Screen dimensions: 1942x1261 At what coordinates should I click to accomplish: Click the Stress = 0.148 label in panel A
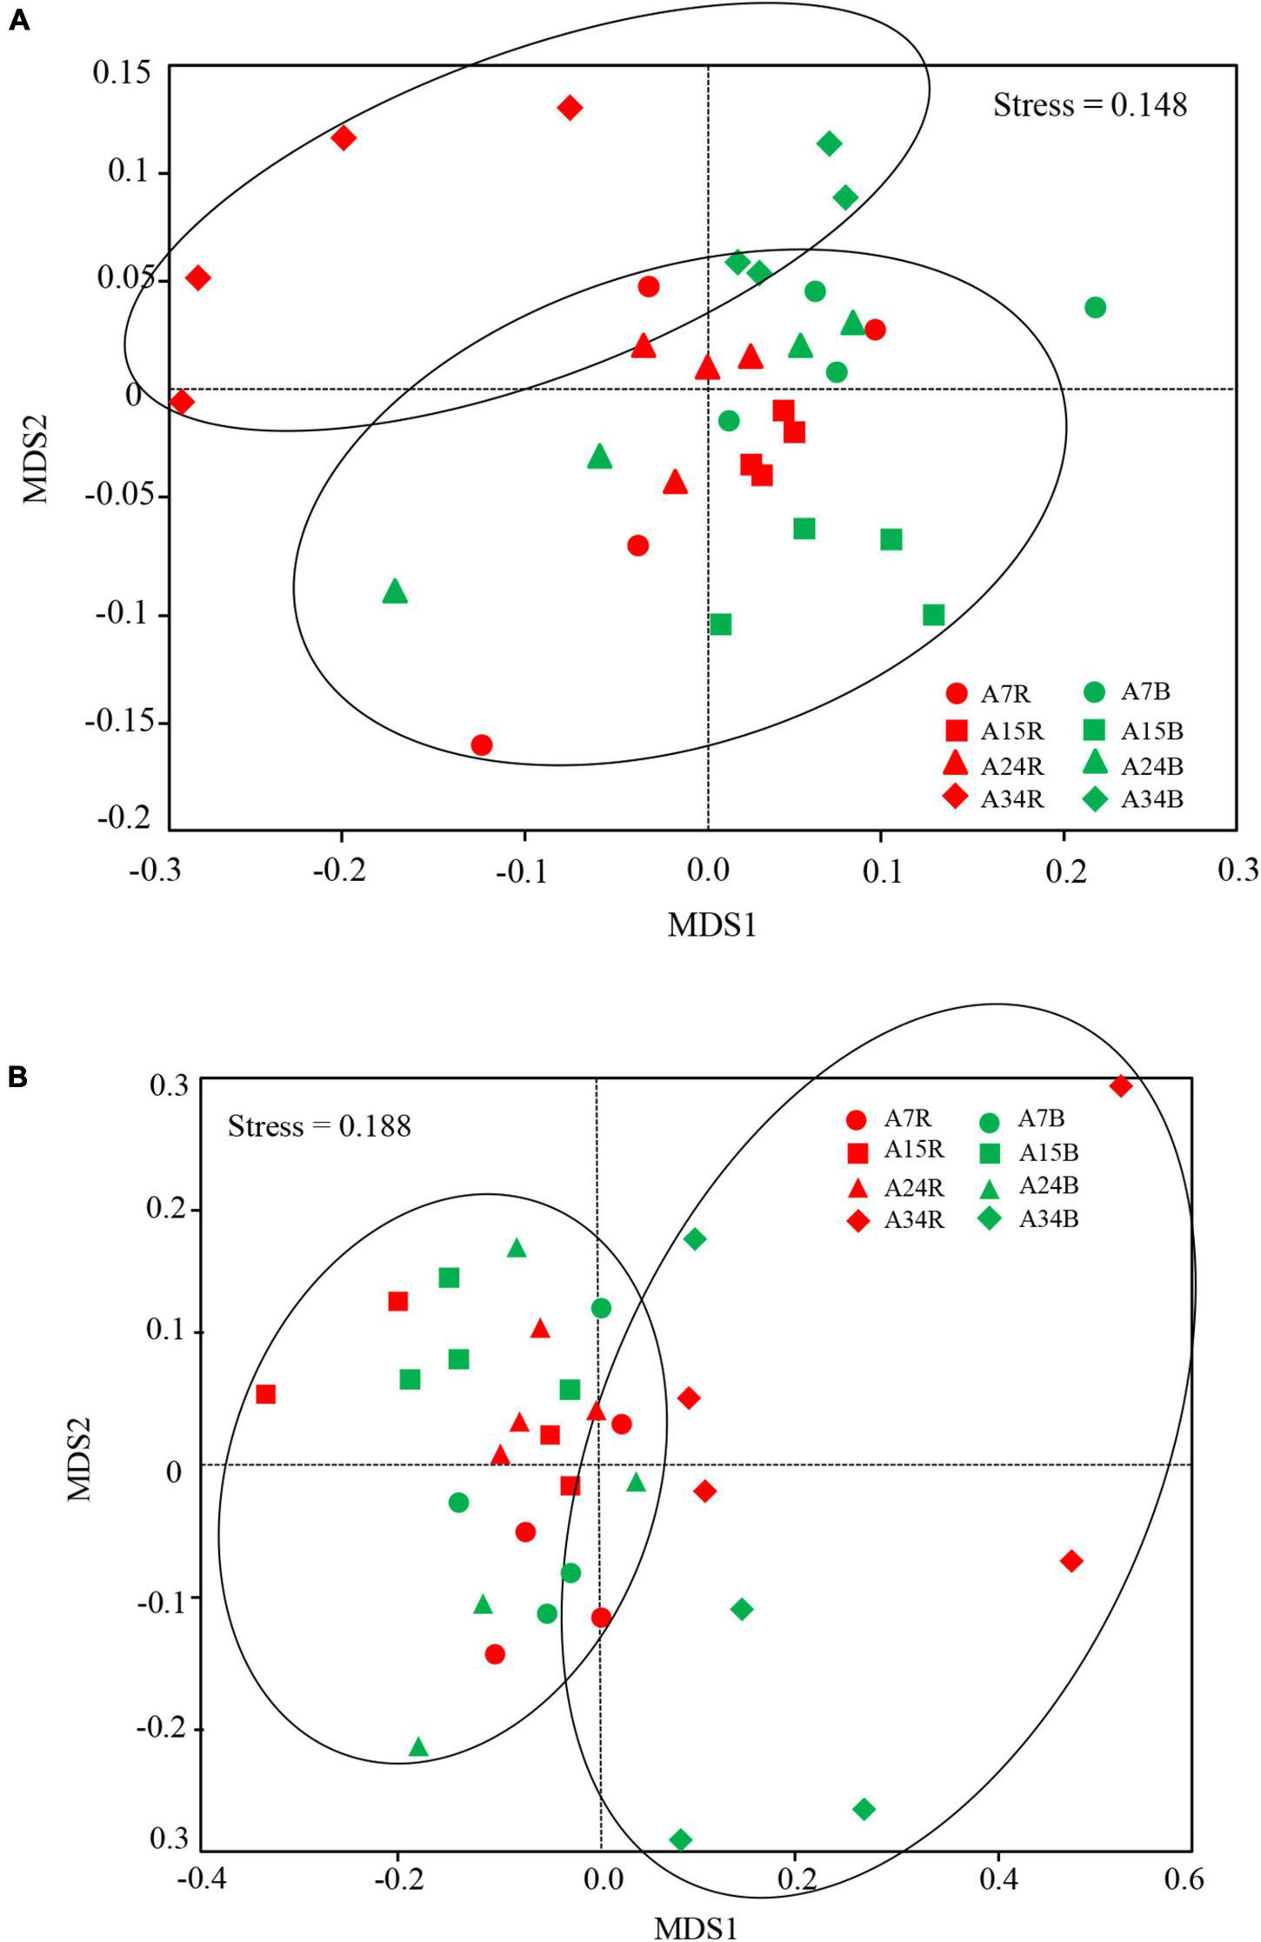coord(1090,105)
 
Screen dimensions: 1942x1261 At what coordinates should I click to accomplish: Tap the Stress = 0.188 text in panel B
coord(319,1126)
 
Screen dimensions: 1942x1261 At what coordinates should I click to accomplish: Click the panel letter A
coord(18,21)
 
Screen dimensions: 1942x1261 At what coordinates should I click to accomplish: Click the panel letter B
coord(18,1078)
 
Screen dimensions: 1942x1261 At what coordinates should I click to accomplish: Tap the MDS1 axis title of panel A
coord(711,925)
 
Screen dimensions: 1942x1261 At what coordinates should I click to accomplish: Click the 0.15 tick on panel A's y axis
coord(122,72)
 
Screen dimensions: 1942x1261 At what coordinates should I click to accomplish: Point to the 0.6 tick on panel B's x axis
coord(1184,1879)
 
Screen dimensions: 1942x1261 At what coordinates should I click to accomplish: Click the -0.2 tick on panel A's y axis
coord(123,818)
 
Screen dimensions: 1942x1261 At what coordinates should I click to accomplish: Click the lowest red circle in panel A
coord(482,744)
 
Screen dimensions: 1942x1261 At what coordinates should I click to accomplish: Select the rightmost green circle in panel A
coord(1095,307)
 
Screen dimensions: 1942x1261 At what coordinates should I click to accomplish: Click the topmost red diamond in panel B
coord(1120,1085)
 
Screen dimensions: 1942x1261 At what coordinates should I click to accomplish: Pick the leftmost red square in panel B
coord(265,1394)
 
